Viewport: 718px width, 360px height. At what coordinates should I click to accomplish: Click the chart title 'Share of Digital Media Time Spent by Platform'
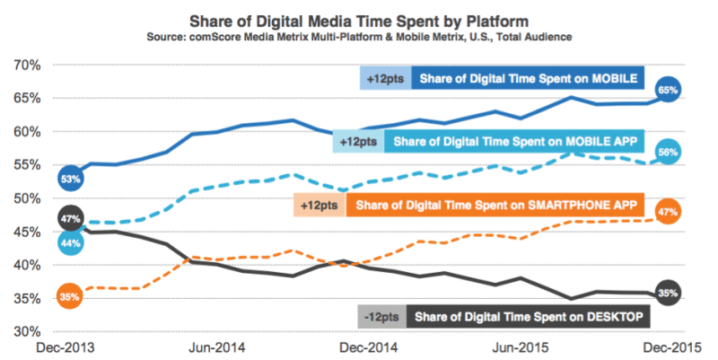click(x=358, y=19)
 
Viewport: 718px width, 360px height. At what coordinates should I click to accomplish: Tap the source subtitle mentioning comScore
click(x=358, y=36)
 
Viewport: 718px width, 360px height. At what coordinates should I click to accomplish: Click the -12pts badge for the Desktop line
click(x=381, y=317)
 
